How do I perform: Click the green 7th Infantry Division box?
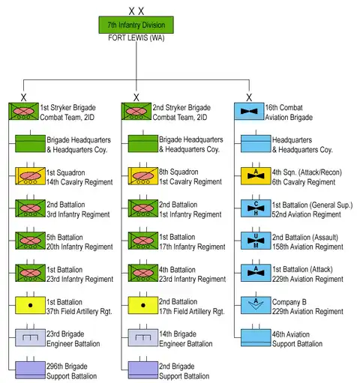tap(136, 25)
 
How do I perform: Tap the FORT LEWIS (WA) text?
tap(136, 38)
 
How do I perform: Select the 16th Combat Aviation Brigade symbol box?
tap(249, 111)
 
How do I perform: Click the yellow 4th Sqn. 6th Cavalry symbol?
tap(256, 176)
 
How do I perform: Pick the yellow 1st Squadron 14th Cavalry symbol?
tap(30, 176)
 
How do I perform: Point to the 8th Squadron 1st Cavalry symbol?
tap(143, 176)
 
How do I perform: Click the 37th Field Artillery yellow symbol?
tap(30, 305)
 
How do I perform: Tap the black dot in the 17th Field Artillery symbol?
tap(143, 305)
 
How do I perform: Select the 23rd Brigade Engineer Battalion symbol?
tap(30, 337)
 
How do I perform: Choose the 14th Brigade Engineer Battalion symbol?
tap(143, 337)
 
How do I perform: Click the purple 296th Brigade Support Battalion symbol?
tap(30, 370)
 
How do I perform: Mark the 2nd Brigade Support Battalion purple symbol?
tap(143, 370)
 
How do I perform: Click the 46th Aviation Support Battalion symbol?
tap(256, 337)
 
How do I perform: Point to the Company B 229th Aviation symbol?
tap(256, 305)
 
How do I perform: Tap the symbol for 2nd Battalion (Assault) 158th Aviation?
tap(256, 241)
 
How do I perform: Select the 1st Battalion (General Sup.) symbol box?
tap(256, 208)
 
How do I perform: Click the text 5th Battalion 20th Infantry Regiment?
tap(79, 242)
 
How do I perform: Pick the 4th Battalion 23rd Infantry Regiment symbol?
tap(143, 273)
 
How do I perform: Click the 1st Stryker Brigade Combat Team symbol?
tap(23, 111)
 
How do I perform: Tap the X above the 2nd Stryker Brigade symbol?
tap(136, 97)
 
